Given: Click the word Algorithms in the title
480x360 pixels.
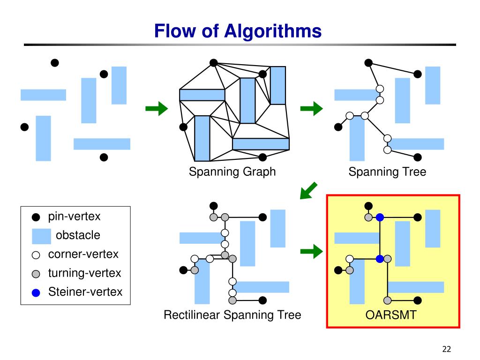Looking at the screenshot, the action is click(273, 31).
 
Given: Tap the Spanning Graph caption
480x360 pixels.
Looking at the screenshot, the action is click(232, 172).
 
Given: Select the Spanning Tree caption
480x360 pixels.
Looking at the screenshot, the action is click(387, 172).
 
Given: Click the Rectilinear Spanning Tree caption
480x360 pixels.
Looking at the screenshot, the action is click(232, 315).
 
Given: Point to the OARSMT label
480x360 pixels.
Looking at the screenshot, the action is click(391, 315).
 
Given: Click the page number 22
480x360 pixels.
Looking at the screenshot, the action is click(447, 349).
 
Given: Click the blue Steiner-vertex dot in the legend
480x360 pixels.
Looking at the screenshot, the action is click(36, 293).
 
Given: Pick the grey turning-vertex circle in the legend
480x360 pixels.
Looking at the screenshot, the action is click(36, 274).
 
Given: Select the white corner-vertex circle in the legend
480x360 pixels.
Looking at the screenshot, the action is click(36, 255).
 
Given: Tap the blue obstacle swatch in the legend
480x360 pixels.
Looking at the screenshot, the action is click(41, 236).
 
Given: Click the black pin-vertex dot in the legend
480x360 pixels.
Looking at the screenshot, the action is click(36, 217).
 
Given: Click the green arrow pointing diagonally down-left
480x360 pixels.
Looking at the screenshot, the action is click(308, 191).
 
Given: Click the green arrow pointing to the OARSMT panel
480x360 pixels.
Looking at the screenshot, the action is click(312, 252).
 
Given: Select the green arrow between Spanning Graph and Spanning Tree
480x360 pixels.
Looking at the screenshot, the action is click(312, 108).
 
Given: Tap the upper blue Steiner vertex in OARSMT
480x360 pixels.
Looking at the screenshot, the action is click(380, 217).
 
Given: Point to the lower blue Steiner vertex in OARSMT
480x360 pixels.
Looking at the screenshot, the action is click(380, 259).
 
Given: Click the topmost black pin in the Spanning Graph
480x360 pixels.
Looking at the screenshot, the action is click(213, 63).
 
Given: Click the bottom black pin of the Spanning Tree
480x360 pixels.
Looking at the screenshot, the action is click(418, 157).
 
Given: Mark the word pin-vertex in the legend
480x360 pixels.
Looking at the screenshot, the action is click(75, 217).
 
